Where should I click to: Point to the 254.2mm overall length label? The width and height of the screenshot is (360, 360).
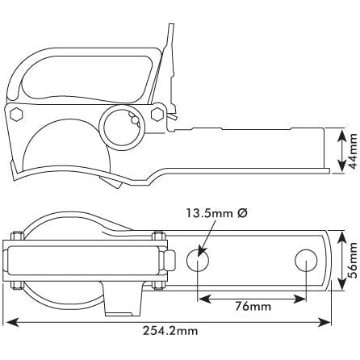coord(171,330)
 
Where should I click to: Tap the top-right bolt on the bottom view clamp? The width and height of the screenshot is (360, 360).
coord(154,237)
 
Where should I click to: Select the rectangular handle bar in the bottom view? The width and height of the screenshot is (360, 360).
coord(84,260)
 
